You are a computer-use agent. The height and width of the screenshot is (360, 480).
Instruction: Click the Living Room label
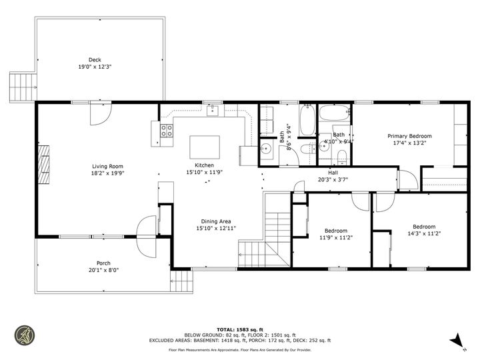click(x=107, y=167)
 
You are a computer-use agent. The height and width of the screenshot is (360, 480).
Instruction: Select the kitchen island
click(x=205, y=145)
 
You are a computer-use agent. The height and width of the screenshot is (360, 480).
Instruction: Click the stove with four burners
click(x=167, y=131)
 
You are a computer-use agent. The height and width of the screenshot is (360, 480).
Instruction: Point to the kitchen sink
click(x=212, y=110)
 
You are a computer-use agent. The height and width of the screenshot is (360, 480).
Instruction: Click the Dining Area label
click(x=217, y=221)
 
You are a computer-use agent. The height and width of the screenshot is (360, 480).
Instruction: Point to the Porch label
click(x=103, y=263)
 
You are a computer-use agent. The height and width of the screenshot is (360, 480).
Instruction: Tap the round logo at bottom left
click(x=25, y=335)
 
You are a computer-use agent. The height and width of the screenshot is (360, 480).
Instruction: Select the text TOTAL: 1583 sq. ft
click(x=239, y=329)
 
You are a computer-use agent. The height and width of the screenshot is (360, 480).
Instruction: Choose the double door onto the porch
click(x=143, y=237)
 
